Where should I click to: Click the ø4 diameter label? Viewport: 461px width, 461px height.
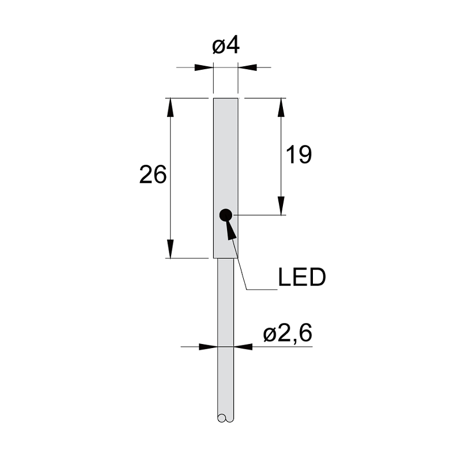[x=226, y=46]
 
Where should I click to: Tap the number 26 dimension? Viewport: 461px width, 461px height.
[x=153, y=175]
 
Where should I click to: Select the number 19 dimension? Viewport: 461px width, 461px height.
[x=298, y=154]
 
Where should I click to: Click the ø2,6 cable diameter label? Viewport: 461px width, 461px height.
[x=288, y=334]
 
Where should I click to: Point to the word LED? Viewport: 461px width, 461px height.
[x=302, y=277]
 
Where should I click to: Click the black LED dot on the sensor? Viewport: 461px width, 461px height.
[x=226, y=215]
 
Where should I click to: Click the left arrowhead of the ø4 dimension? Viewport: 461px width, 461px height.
[x=204, y=67]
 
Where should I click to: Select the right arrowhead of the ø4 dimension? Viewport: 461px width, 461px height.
[x=247, y=67]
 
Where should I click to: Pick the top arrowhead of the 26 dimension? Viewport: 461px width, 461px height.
[x=170, y=108]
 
